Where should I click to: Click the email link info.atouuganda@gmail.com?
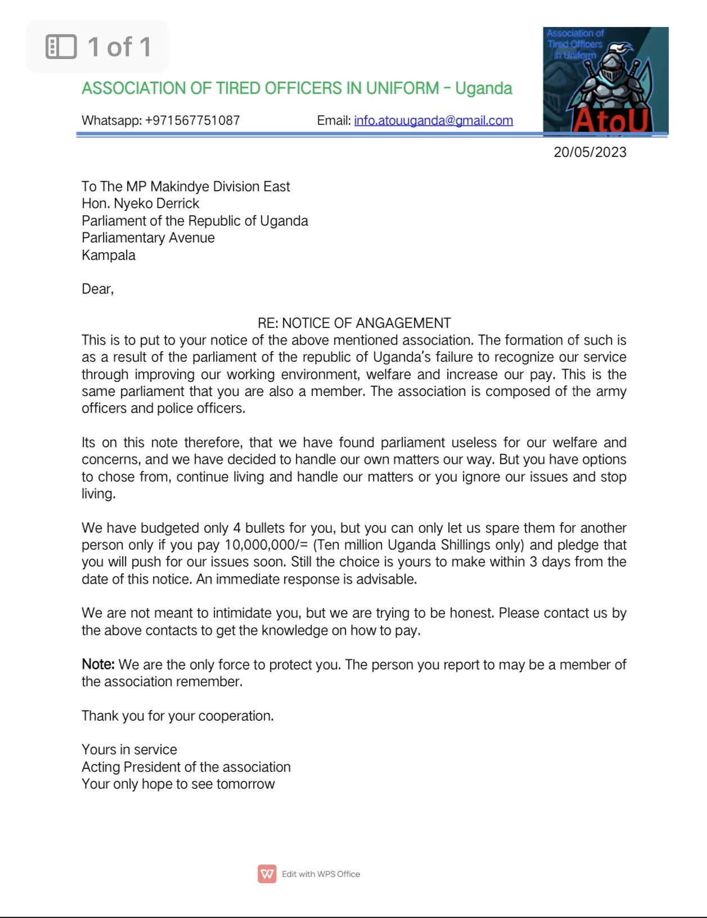(x=433, y=120)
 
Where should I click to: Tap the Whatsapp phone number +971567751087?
(x=192, y=120)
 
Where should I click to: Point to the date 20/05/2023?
(x=589, y=152)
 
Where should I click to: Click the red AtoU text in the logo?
(x=611, y=120)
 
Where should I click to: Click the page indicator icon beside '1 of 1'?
(x=61, y=47)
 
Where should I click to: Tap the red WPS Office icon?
(x=267, y=874)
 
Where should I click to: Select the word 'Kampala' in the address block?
(x=109, y=255)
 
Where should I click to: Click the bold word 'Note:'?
(x=98, y=664)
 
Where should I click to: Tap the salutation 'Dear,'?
(x=97, y=289)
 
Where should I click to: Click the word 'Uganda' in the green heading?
(x=484, y=88)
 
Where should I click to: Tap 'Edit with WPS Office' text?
(x=321, y=874)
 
